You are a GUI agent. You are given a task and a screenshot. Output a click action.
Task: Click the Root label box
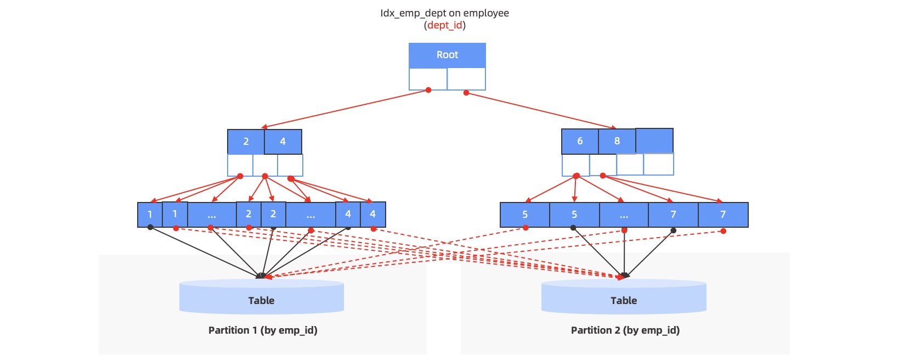pyautogui.click(x=447, y=55)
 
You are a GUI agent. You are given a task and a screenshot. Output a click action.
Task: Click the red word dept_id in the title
pyautogui.click(x=445, y=25)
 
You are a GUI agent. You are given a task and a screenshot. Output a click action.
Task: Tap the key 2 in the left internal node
pyautogui.click(x=246, y=142)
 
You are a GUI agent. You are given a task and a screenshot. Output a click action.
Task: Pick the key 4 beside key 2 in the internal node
pyautogui.click(x=283, y=142)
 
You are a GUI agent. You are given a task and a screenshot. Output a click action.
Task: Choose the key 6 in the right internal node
pyautogui.click(x=580, y=141)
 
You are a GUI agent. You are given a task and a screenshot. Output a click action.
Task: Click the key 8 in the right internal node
pyautogui.click(x=617, y=141)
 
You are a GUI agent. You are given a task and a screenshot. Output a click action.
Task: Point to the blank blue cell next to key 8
pyautogui.click(x=654, y=140)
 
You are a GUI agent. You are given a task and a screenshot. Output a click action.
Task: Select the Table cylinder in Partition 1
pyautogui.click(x=262, y=297)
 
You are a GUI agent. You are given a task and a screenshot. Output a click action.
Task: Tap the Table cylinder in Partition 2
pyautogui.click(x=624, y=297)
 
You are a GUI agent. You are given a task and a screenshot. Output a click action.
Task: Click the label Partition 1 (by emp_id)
pyautogui.click(x=263, y=330)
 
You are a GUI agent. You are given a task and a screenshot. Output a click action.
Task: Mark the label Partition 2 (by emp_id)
pyautogui.click(x=625, y=330)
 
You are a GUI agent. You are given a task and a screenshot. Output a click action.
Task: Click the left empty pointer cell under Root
pyautogui.click(x=428, y=78)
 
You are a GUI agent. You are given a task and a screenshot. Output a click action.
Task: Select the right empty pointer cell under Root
pyautogui.click(x=466, y=78)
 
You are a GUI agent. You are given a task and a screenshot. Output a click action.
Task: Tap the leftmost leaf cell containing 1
pyautogui.click(x=150, y=215)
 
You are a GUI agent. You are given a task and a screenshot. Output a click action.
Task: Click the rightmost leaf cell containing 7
pyautogui.click(x=723, y=215)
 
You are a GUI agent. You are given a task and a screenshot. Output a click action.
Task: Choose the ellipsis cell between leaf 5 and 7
pyautogui.click(x=624, y=215)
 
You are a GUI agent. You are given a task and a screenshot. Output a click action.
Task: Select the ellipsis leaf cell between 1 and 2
pyautogui.click(x=212, y=215)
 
